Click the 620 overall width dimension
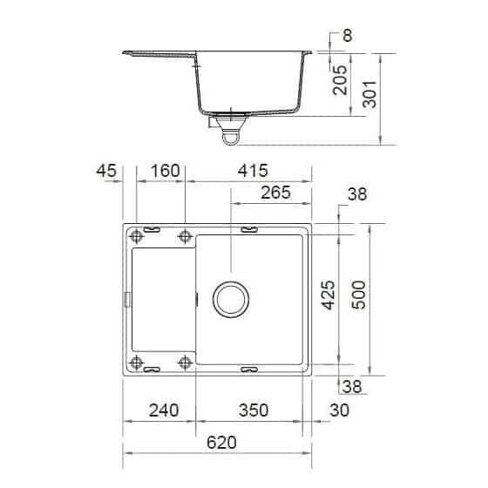tap(222, 443)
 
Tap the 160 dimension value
tap(160, 171)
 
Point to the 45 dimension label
tap(107, 171)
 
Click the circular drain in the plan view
tap(231, 298)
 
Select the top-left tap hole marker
tap(137, 236)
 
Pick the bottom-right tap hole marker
tap(185, 362)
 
